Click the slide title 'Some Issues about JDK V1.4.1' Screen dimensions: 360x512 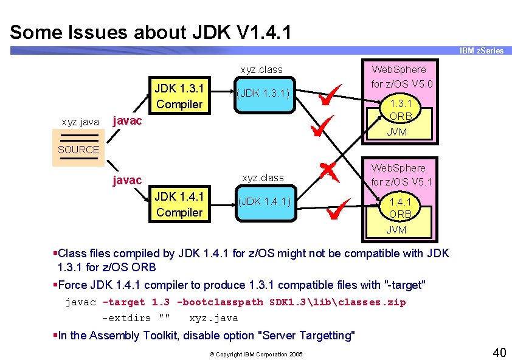point(150,32)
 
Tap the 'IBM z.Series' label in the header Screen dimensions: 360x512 point(481,50)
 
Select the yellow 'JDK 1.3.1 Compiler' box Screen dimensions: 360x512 point(179,96)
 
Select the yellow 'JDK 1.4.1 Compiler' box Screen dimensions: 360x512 point(179,204)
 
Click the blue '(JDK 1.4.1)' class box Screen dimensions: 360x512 point(265,201)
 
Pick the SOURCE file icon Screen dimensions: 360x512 point(78,150)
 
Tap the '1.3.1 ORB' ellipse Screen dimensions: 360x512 point(401,110)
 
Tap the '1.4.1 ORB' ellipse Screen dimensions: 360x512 point(400,208)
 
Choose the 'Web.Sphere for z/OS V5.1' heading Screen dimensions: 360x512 point(401,175)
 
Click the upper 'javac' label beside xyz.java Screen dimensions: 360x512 point(128,120)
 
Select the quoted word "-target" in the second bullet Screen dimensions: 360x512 point(406,285)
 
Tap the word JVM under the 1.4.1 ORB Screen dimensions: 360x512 point(396,230)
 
